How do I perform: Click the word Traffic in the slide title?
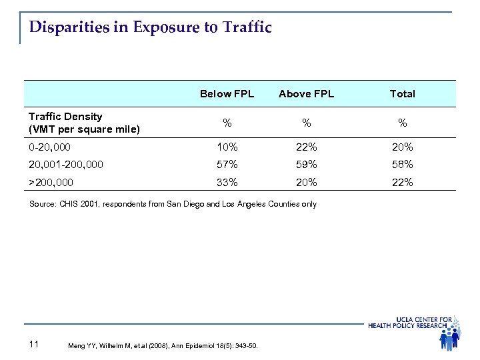(247, 28)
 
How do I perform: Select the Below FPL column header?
(227, 94)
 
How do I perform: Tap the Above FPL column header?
(306, 94)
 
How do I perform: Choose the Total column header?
(402, 94)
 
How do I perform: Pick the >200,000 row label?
(51, 181)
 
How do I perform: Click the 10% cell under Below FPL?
(227, 147)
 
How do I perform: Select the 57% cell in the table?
(227, 164)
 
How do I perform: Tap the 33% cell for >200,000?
(227, 181)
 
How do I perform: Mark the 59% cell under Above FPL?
(306, 164)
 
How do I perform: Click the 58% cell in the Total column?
(402, 164)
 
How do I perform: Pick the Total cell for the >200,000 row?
(402, 181)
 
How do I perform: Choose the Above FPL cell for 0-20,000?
(306, 147)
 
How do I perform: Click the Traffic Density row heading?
(83, 122)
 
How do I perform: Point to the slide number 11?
(35, 344)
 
